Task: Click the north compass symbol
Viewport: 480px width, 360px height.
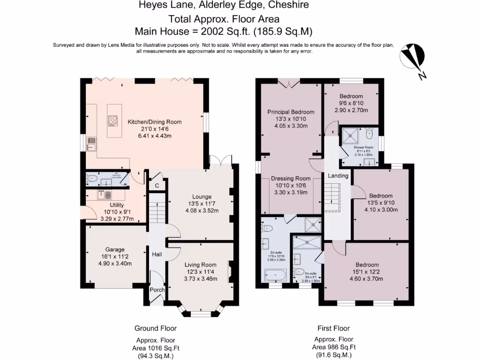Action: tap(412, 59)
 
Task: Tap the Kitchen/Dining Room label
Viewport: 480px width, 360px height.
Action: tap(155, 122)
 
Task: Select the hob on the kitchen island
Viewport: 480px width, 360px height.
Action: tap(113, 121)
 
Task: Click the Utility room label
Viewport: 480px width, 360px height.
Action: tap(117, 205)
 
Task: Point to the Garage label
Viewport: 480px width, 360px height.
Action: tap(115, 249)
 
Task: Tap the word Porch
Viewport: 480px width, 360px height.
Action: tap(157, 290)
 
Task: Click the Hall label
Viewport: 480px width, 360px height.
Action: tap(157, 255)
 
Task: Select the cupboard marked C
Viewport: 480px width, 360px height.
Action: tap(157, 186)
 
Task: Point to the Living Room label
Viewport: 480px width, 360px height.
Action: tap(200, 265)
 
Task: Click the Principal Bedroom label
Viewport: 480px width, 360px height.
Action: tap(291, 112)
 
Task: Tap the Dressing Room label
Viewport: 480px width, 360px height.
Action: tap(291, 179)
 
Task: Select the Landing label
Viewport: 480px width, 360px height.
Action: tap(338, 176)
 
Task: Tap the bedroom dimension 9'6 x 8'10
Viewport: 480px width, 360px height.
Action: tap(351, 104)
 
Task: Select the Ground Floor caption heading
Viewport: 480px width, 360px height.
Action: tap(155, 328)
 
